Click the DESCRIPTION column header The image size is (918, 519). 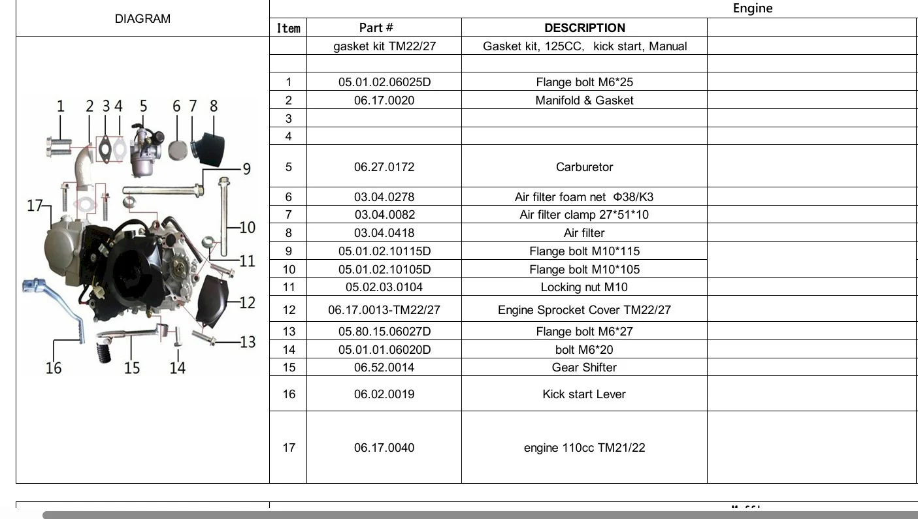[584, 28]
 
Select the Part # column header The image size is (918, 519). [376, 27]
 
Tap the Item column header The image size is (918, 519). [288, 28]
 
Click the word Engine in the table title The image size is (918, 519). [753, 8]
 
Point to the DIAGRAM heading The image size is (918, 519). [142, 19]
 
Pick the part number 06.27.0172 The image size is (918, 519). [384, 166]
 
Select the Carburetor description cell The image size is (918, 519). [584, 166]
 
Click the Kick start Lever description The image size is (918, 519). [584, 394]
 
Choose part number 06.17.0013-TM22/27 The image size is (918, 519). [384, 309]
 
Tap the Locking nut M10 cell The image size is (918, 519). [584, 287]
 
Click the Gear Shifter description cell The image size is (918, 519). [584, 368]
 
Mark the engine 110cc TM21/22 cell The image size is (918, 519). [584, 448]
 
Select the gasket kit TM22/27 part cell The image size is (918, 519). [384, 46]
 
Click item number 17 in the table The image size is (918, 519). [289, 448]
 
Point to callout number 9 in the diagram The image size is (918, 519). [246, 169]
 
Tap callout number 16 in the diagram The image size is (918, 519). [54, 368]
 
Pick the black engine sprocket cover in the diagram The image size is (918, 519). [211, 301]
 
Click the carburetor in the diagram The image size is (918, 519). [144, 150]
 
